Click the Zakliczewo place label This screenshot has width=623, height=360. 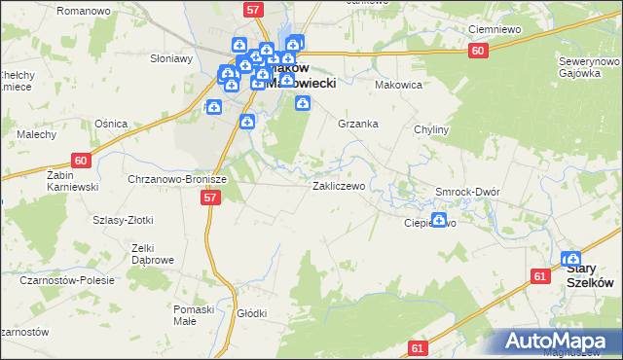[x=338, y=185]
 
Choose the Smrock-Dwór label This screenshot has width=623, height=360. [x=467, y=192]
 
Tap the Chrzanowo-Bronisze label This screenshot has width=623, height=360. [x=177, y=179]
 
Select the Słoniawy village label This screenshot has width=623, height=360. [x=169, y=58]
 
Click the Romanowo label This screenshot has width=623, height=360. [x=109, y=10]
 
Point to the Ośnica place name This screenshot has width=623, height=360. [x=110, y=123]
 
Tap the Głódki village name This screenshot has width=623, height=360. [x=251, y=313]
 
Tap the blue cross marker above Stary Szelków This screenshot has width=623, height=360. [x=570, y=259]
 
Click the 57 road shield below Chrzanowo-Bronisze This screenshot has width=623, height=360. [x=210, y=198]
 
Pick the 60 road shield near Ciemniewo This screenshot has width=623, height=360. [x=477, y=52]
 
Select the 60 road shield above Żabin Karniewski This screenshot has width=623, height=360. [x=81, y=161]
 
